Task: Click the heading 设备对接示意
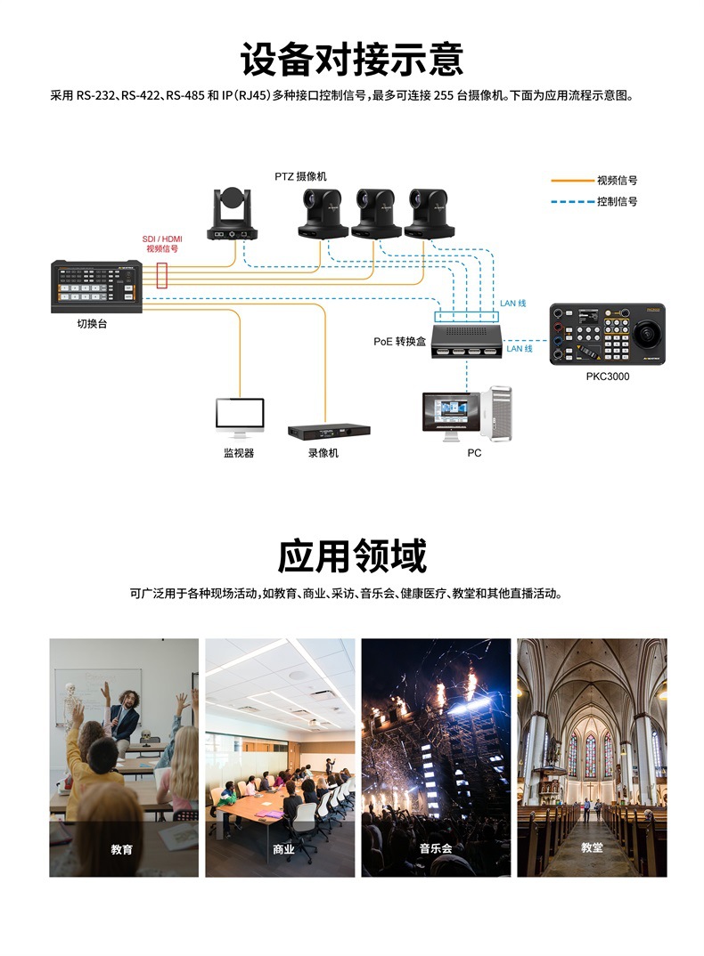click(352, 58)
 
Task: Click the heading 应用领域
click(352, 555)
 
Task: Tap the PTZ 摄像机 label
click(300, 176)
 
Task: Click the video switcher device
click(96, 286)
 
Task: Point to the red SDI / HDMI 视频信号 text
click(161, 244)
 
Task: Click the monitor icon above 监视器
click(240, 417)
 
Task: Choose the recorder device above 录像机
click(328, 431)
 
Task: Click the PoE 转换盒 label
click(400, 341)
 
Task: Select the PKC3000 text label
click(607, 377)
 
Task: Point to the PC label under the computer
click(474, 453)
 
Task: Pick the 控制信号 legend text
click(617, 202)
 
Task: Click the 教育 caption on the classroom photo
click(122, 849)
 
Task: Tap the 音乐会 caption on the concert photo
click(436, 848)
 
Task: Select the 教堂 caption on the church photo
click(592, 848)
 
